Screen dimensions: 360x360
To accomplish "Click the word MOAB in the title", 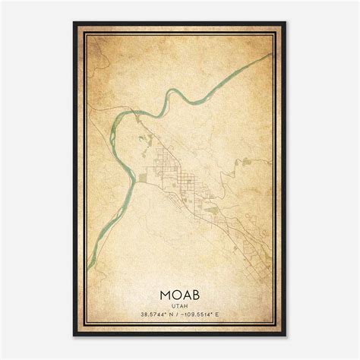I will [x=179, y=292].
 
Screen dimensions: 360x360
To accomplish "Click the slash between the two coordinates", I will [x=180, y=314].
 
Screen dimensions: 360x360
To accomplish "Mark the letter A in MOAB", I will [x=186, y=292].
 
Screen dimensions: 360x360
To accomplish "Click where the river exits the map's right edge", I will [x=273, y=55].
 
